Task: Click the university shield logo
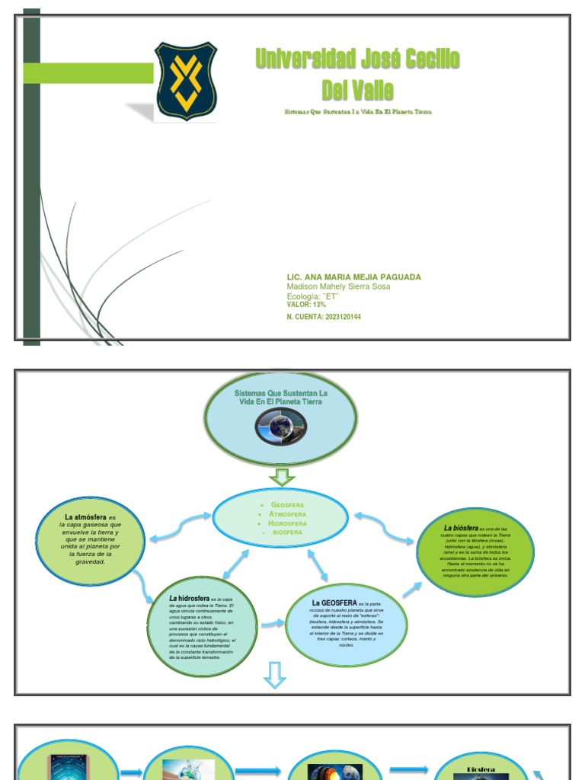pyautogui.click(x=186, y=81)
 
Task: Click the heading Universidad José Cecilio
pyautogui.click(x=357, y=59)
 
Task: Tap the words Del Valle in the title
pyautogui.click(x=357, y=91)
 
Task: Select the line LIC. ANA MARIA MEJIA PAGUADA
pyautogui.click(x=353, y=277)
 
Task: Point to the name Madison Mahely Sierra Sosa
pyautogui.click(x=338, y=286)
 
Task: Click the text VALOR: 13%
pyautogui.click(x=306, y=305)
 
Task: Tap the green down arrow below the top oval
pyautogui.click(x=282, y=478)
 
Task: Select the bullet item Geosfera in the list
pyautogui.click(x=287, y=505)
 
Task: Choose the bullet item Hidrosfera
pyautogui.click(x=287, y=523)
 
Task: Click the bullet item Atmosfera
pyautogui.click(x=287, y=514)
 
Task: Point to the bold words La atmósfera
pyautogui.click(x=86, y=517)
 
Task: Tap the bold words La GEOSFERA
pyautogui.click(x=334, y=603)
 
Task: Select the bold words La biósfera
pyautogui.click(x=461, y=528)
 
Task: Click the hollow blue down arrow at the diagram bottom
pyautogui.click(x=274, y=675)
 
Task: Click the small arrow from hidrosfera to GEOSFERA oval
pyautogui.click(x=271, y=625)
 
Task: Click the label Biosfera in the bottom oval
pyautogui.click(x=481, y=770)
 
